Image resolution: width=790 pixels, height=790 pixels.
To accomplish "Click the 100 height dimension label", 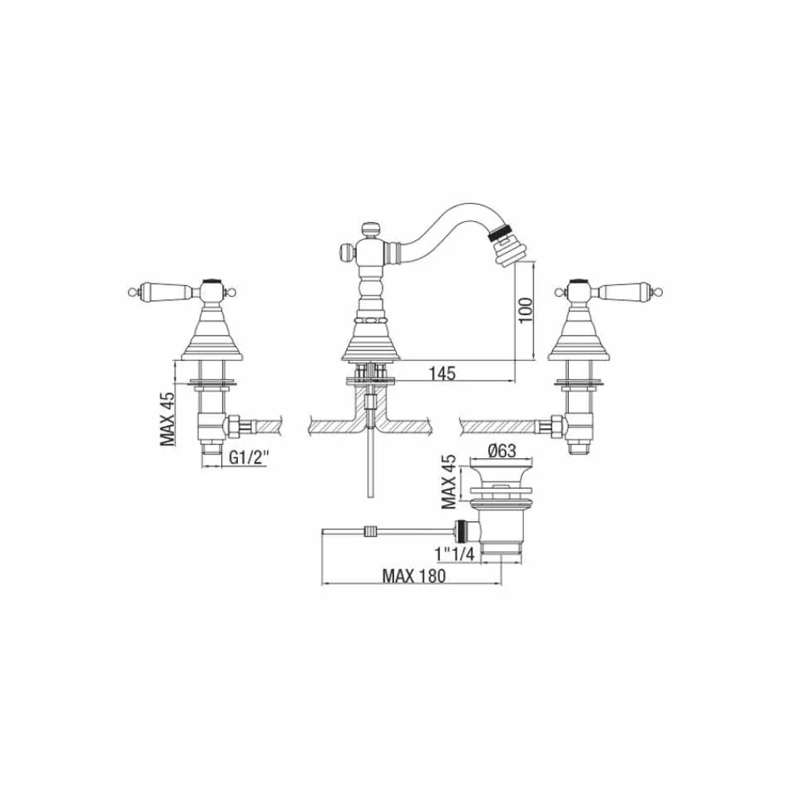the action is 525,310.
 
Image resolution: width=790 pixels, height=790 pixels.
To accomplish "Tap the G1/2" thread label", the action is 249,457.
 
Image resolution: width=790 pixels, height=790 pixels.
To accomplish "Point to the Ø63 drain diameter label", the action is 502,450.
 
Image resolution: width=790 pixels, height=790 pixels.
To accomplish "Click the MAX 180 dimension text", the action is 414,575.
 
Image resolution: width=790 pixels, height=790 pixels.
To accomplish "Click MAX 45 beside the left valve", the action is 167,419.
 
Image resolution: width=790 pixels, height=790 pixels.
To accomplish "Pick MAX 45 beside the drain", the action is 449,482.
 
